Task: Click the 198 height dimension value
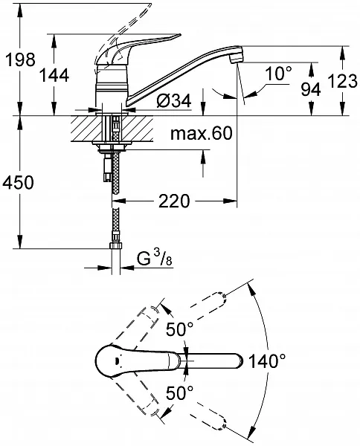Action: coord(21,59)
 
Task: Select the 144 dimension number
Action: coord(54,76)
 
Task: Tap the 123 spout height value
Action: coord(343,81)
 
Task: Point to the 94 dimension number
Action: coord(311,89)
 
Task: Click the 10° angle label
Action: coord(279,74)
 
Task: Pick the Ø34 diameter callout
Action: coord(174,100)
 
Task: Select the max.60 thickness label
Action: coord(202,133)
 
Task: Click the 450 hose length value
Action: coord(18,182)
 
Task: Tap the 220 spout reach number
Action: coord(174,201)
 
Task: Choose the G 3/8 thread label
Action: coord(155,258)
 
